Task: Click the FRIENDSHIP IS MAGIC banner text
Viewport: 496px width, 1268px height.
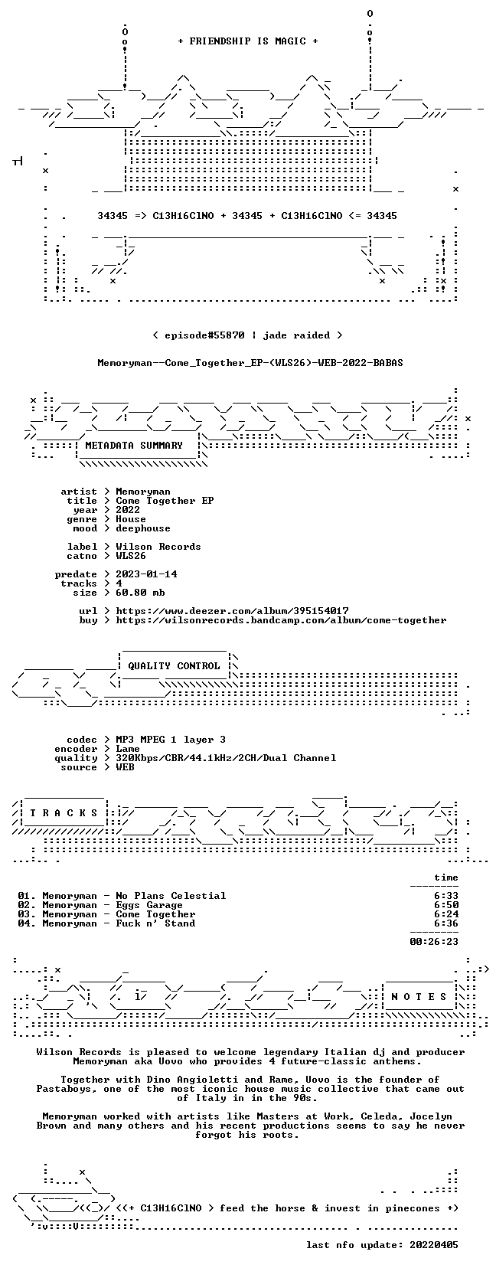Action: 248,41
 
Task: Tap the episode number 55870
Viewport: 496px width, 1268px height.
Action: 229,335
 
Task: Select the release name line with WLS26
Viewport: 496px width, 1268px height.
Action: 250,363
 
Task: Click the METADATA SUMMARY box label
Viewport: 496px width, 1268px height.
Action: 134,446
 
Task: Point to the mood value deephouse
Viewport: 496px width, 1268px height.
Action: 143,528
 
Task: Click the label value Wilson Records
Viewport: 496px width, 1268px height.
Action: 158,547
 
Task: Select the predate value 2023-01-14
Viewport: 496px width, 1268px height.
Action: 146,574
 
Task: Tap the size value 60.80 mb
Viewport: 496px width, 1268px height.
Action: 140,593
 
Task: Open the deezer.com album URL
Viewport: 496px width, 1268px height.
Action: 233,611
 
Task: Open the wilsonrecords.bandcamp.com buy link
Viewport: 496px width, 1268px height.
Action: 281,620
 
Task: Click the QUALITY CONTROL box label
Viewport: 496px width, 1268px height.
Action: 174,666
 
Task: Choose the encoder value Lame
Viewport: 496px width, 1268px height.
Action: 128,749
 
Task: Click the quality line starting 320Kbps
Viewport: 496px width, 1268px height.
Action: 227,758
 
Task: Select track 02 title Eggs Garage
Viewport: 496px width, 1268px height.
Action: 149,905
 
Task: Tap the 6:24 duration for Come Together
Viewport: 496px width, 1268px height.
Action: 446,914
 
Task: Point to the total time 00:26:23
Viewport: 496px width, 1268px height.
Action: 434,942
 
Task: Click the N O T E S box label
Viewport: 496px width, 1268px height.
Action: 419,997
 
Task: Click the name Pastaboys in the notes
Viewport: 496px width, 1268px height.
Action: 64,1089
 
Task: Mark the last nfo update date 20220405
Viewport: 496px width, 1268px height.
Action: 434,1245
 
